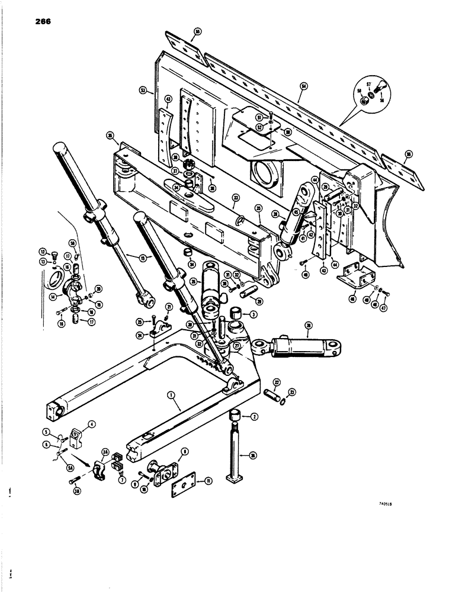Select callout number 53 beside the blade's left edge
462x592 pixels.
142,91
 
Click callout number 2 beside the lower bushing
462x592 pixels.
254,418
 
